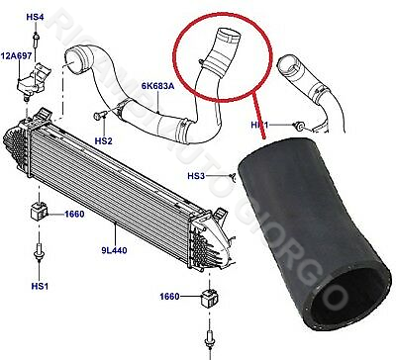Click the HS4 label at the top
33,17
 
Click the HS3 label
197,176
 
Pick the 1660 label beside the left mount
75,214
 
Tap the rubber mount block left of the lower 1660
209,297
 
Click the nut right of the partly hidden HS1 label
296,126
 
